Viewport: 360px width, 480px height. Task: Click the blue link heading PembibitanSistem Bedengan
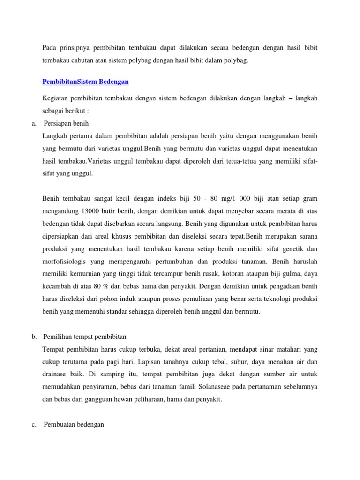85,82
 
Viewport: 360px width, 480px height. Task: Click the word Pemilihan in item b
58,337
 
